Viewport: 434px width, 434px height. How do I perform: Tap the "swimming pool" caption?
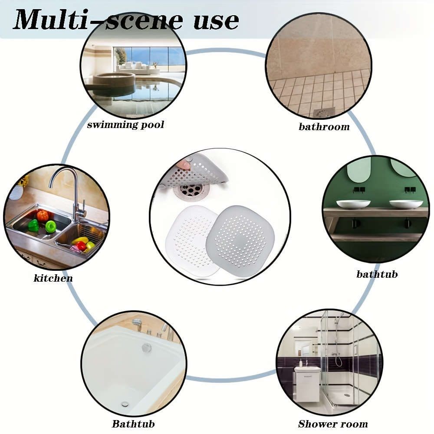(x=125, y=125)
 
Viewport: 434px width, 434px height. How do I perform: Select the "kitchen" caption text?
(x=53, y=278)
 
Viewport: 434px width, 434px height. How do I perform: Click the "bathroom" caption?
(x=324, y=127)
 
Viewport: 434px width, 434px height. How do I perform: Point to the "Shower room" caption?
(x=333, y=424)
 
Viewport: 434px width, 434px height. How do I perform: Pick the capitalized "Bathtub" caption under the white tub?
(x=133, y=424)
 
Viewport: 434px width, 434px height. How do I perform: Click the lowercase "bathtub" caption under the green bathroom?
(x=377, y=274)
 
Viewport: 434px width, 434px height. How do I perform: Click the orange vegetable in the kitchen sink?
(x=42, y=216)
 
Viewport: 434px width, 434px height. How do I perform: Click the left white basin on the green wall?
(x=353, y=204)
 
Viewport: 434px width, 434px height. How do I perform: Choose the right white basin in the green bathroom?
(x=406, y=204)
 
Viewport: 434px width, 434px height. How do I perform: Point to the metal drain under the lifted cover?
(x=191, y=190)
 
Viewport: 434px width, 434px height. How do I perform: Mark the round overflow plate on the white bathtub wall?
(x=147, y=347)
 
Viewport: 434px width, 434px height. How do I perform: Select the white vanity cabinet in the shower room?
(x=307, y=384)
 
